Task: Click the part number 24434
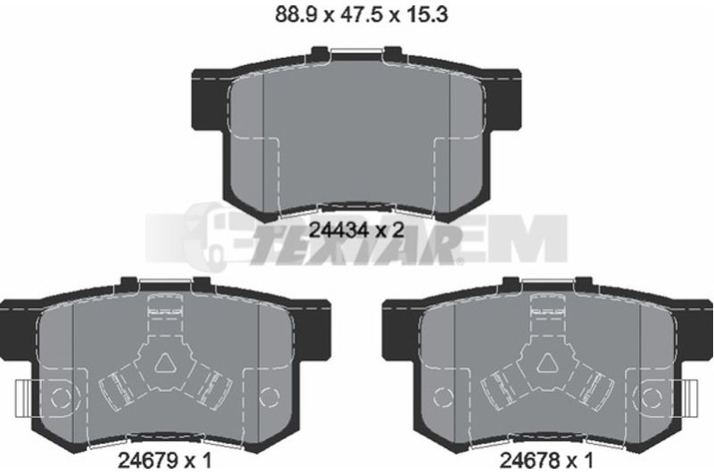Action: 337,230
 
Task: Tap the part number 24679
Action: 147,461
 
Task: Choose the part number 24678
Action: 529,461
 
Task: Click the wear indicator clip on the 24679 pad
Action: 24,398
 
